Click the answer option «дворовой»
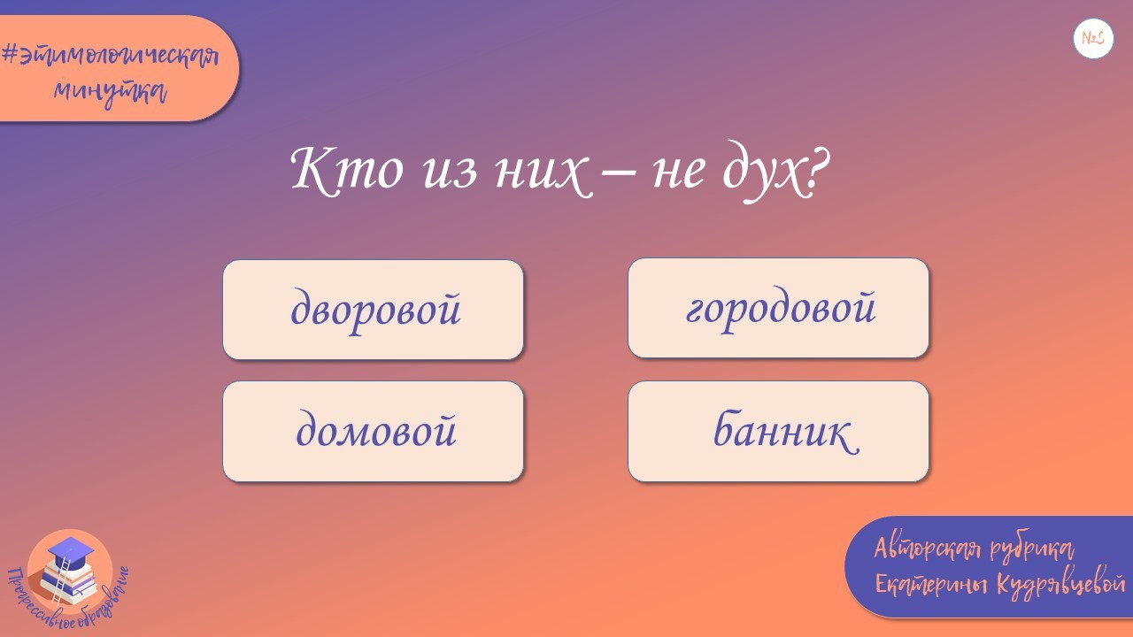pyautogui.click(x=373, y=310)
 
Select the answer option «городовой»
pyautogui.click(x=778, y=308)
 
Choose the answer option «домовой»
pyautogui.click(x=373, y=432)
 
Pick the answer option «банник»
pyautogui.click(x=778, y=432)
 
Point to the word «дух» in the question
pyautogui.click(x=760, y=172)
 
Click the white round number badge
pyautogui.click(x=1093, y=39)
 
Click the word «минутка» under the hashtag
pyautogui.click(x=110, y=90)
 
